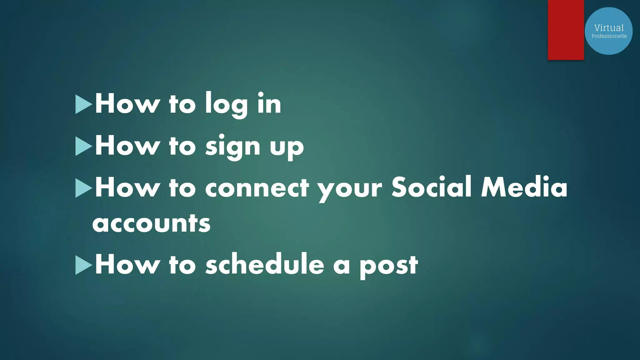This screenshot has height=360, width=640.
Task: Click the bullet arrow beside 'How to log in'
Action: pos(83,104)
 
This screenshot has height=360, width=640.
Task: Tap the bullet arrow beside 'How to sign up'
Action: pos(83,146)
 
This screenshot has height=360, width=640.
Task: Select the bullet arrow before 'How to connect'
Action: pos(83,188)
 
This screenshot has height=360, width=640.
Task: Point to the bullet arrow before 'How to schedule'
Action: pos(83,265)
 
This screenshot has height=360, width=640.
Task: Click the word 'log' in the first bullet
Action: pos(226,105)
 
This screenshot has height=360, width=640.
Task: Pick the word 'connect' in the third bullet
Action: pos(257,188)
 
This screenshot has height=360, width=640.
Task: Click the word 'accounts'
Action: pos(151,224)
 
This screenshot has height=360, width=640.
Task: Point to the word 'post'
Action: pos(388,266)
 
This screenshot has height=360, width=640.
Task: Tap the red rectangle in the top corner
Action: pos(566,30)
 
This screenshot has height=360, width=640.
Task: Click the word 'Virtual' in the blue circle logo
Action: pos(609,28)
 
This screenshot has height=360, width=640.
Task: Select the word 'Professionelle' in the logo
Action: pos(609,36)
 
